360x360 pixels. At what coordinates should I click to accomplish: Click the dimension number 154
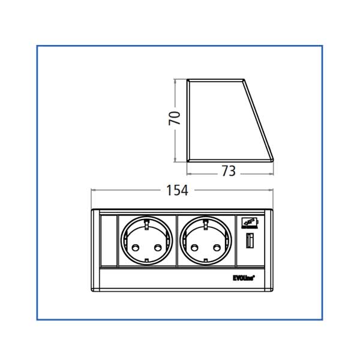coord(177,190)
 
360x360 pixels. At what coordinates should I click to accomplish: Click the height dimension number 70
coord(174,118)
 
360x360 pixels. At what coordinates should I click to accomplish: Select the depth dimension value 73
coord(228,171)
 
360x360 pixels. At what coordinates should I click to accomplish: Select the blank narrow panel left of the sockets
coord(108,242)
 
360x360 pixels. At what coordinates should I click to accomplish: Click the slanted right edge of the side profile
coord(259,120)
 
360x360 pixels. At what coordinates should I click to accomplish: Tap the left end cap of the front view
coord(95,252)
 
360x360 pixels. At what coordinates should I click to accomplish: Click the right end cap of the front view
coord(269,252)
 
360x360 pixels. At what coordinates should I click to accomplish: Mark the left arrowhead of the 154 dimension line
coord(92,191)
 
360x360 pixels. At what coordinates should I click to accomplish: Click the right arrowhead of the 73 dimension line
coord(272,172)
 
